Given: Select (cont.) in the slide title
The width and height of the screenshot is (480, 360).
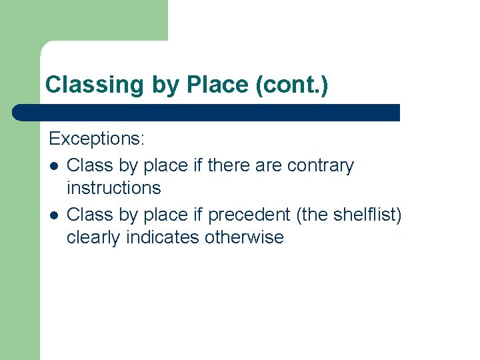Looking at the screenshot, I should [292, 85].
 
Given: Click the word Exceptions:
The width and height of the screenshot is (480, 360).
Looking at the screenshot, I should [97, 139].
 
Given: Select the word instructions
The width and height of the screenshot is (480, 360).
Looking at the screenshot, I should [113, 188].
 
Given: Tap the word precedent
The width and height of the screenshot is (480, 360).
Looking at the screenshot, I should [249, 214].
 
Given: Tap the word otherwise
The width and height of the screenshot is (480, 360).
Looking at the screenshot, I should [245, 237].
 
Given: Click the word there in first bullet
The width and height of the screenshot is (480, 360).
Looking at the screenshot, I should [227, 165].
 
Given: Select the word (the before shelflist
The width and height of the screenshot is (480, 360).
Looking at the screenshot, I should [310, 214].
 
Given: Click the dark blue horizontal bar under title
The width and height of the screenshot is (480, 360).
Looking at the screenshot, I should [207, 112].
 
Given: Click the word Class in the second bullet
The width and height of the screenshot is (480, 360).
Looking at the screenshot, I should [89, 214].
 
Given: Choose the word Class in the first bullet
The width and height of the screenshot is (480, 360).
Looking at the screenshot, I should [89, 165].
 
